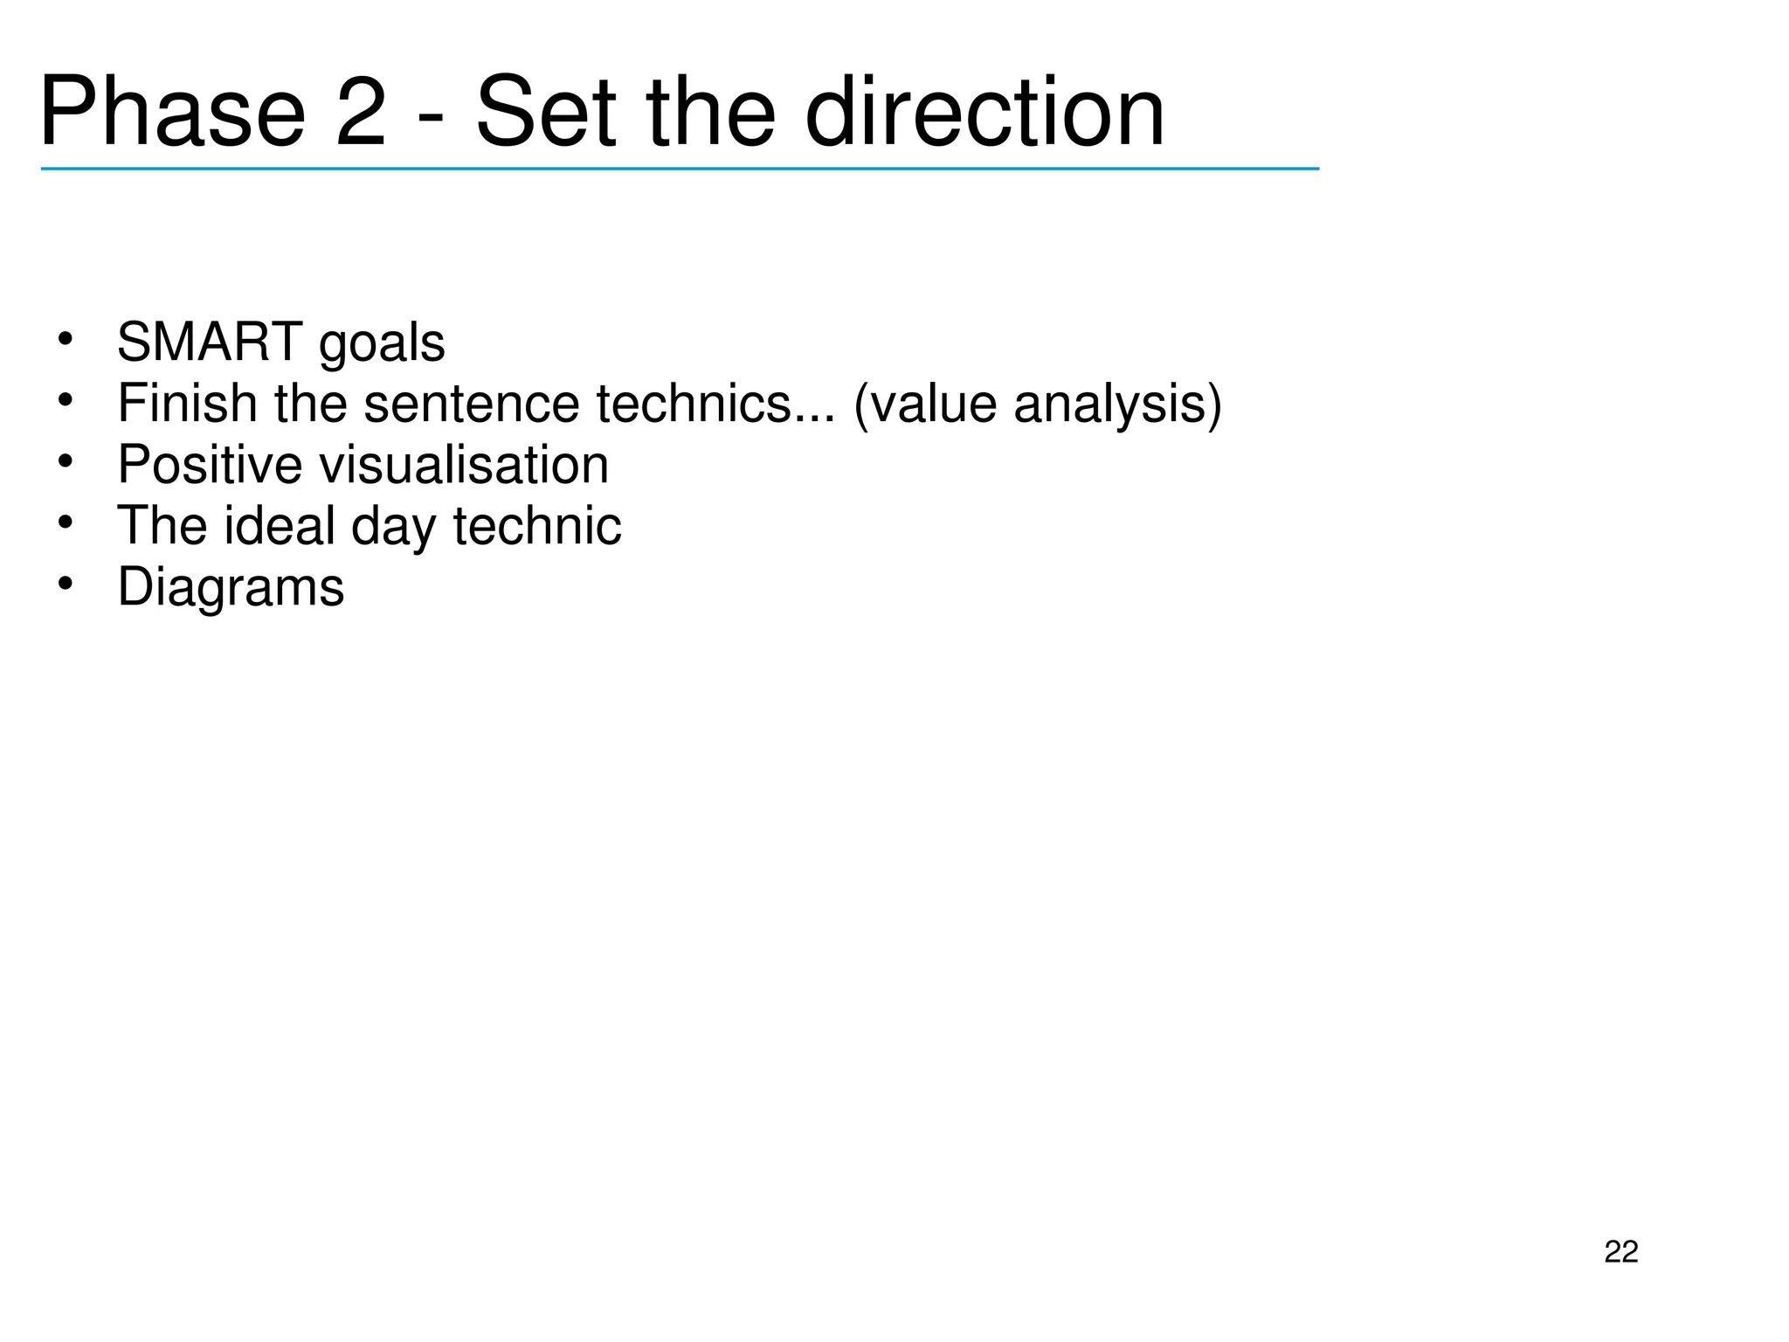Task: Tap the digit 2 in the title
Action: (360, 114)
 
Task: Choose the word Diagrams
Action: (231, 587)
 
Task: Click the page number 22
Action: (1621, 1252)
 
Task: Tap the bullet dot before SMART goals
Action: (64, 339)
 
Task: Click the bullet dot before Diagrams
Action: (64, 584)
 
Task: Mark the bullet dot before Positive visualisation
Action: (64, 461)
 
